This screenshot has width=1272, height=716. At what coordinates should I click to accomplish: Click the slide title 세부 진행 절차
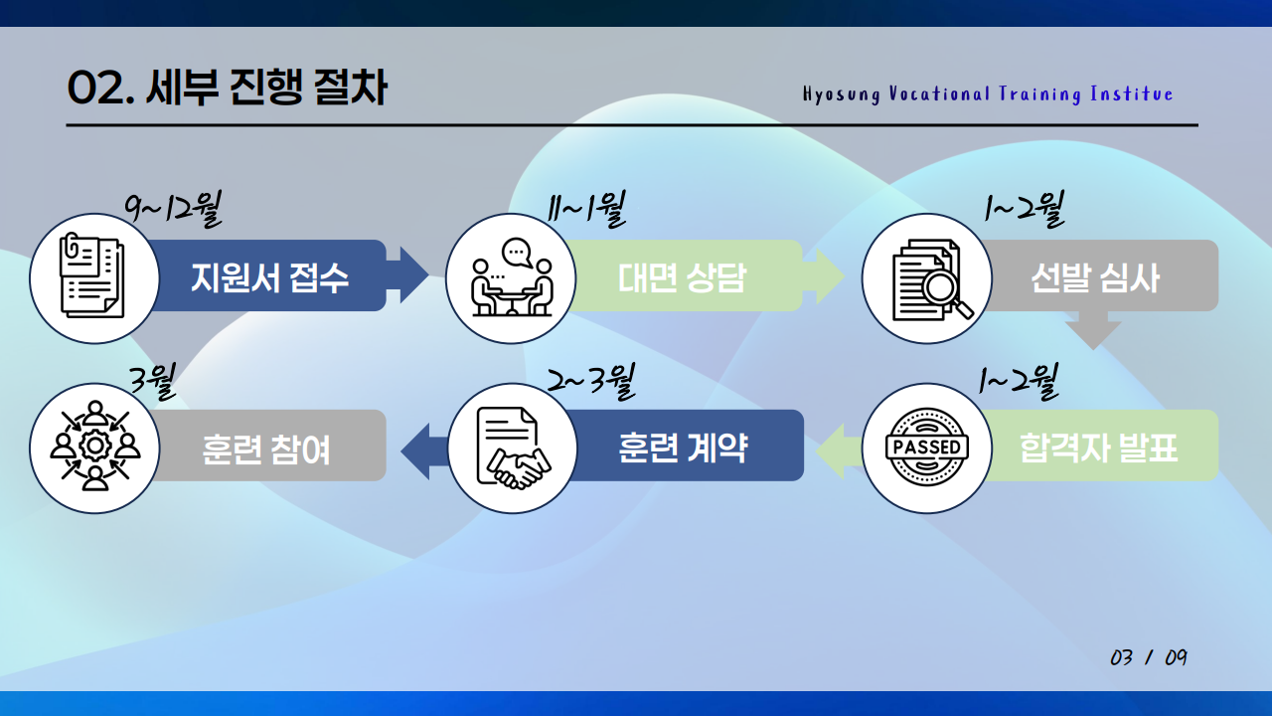tap(227, 89)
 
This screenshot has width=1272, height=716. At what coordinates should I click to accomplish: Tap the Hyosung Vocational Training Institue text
tap(988, 94)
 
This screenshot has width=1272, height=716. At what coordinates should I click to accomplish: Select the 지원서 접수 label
tap(269, 276)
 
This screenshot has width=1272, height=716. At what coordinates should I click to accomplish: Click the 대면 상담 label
tap(682, 276)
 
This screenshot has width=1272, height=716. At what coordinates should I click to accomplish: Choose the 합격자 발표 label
tap(1098, 447)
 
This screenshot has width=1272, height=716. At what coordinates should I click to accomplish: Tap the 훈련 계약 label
tap(683, 447)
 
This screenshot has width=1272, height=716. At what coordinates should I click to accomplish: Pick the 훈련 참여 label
tap(266, 447)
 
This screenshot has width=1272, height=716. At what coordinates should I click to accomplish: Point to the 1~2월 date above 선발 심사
tap(1024, 210)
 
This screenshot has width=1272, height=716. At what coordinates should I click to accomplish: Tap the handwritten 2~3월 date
tap(591, 381)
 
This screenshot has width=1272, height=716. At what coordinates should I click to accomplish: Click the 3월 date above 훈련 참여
tap(153, 381)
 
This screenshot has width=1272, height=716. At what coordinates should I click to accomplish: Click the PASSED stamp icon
tap(926, 447)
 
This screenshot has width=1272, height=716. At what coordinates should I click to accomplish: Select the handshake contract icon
tap(513, 447)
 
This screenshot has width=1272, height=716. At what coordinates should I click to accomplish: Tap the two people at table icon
tap(511, 278)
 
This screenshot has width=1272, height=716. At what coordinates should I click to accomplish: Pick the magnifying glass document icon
tap(927, 278)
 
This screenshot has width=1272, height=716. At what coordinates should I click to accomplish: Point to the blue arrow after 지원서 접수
tap(407, 275)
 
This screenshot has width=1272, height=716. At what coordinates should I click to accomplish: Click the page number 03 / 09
tap(1149, 658)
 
